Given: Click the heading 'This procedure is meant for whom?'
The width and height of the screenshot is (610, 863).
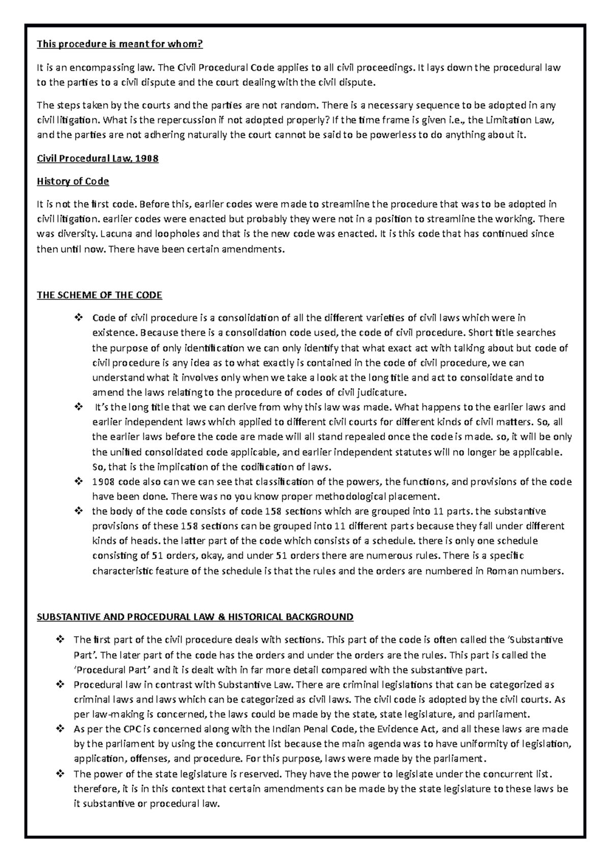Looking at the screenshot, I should pyautogui.click(x=119, y=45).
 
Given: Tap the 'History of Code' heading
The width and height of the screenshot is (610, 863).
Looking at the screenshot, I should pyautogui.click(x=73, y=181).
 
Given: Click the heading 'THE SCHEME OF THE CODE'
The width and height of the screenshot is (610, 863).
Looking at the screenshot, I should pyautogui.click(x=99, y=295).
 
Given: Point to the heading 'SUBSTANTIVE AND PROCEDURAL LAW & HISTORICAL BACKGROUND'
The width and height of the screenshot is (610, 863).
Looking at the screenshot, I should pyautogui.click(x=195, y=617).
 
